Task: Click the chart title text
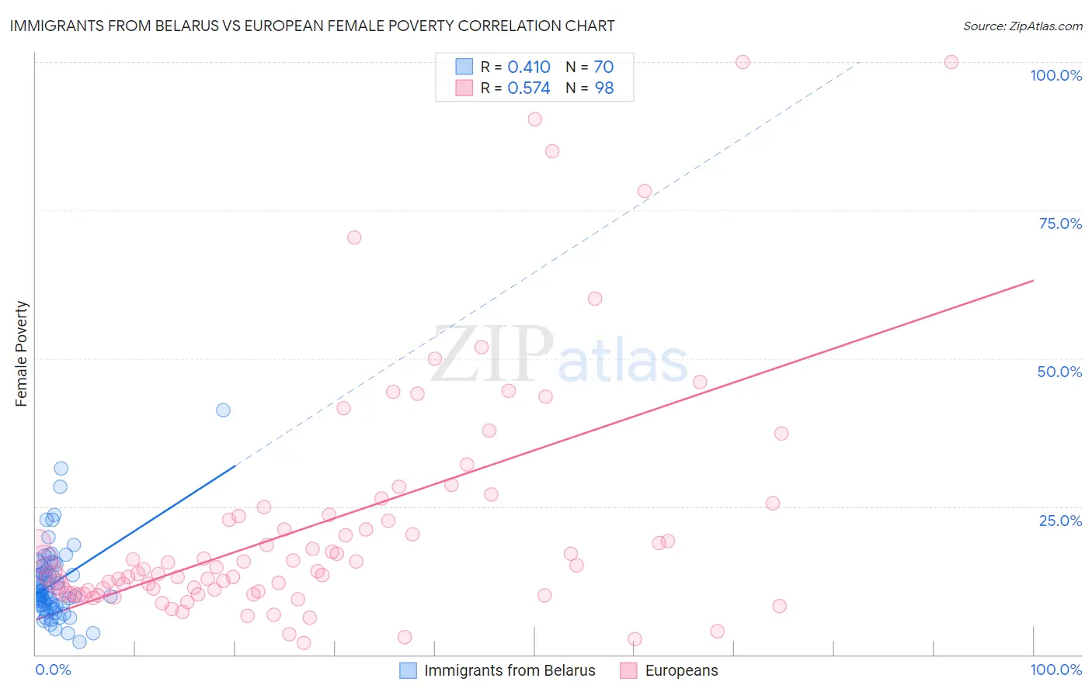(311, 26)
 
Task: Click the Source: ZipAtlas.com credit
(1022, 26)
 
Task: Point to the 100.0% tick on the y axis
(1055, 75)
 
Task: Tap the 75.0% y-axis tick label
(1060, 223)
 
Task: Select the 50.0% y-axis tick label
(1059, 372)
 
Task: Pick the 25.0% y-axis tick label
(1060, 520)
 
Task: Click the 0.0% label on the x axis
(53, 670)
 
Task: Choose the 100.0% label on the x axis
(1055, 670)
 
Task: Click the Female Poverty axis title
(21, 354)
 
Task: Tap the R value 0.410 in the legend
(528, 67)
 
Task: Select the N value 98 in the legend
(603, 88)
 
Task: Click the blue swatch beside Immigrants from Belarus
(408, 670)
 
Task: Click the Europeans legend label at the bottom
(681, 670)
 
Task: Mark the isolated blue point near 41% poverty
(223, 410)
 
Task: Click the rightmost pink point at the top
(951, 62)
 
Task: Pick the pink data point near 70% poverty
(354, 237)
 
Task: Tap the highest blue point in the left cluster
(61, 468)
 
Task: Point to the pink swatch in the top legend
(464, 88)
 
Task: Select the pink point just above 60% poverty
(595, 299)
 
